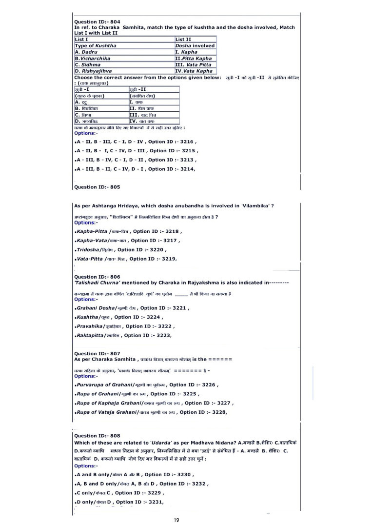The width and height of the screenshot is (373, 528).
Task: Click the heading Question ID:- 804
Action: pos(97,21)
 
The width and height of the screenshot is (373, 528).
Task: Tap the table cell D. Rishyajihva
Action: pos(94,71)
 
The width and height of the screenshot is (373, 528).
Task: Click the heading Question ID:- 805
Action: pos(97,186)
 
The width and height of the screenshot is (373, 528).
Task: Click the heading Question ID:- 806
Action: pos(97,277)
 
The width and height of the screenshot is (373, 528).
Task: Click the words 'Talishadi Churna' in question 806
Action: pos(99,283)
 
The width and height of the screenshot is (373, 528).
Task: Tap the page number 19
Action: pos(177,520)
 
